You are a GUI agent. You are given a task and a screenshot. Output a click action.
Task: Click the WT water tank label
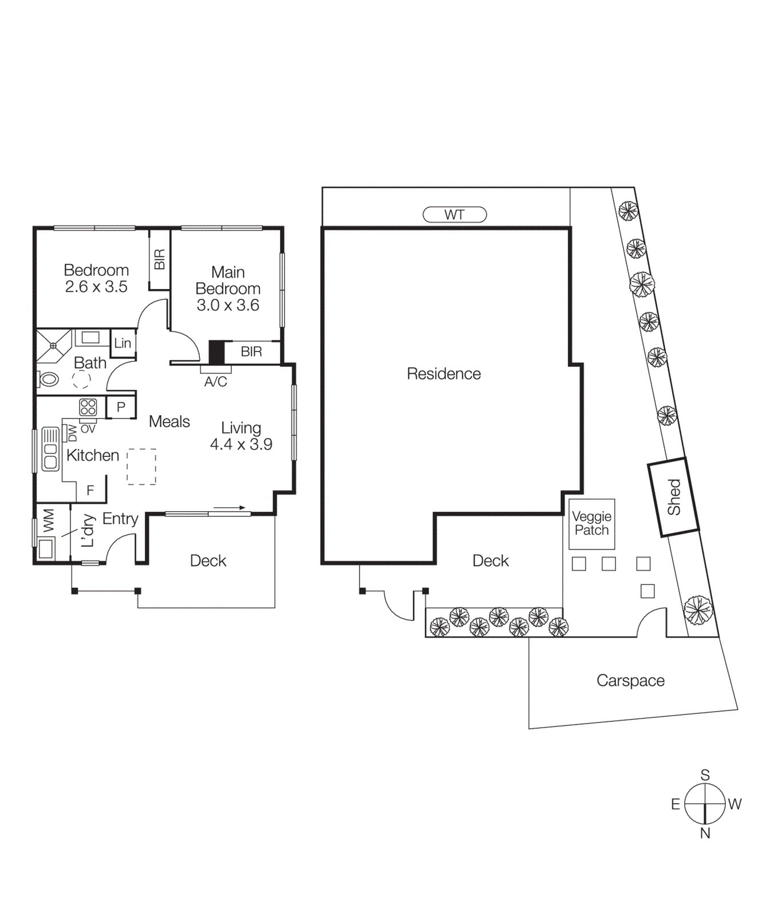coord(455,215)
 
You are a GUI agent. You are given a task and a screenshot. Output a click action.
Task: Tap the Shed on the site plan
coord(674,497)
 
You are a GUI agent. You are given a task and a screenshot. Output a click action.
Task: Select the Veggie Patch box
coord(591,523)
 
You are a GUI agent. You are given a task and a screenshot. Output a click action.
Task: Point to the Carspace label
coord(630,680)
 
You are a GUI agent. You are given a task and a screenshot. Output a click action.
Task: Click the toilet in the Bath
coord(48,378)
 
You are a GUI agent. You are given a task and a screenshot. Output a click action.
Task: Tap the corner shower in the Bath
coord(53,345)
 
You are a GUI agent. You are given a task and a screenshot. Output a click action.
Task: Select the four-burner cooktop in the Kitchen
coord(88,407)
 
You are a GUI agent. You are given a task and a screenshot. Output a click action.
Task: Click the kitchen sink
coord(50,449)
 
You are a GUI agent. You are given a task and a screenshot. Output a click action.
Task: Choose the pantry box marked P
coord(121,407)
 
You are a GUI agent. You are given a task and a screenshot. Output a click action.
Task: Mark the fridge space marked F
coord(90,490)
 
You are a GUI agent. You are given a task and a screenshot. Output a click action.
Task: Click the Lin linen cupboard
coord(123,343)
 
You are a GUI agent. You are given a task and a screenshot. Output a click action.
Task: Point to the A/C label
coord(215,382)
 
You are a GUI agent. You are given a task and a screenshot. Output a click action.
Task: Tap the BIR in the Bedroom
coord(160,259)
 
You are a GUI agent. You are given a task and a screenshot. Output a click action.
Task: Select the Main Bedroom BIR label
coord(251,352)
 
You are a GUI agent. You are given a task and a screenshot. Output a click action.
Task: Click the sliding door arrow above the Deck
coord(230,507)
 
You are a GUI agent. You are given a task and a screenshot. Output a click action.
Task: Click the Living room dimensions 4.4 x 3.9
coord(241,444)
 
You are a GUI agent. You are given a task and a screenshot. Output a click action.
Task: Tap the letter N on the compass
coord(705,833)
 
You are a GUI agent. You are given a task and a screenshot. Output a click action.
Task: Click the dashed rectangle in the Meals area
coord(141,467)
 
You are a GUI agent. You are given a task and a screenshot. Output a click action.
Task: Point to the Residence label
coord(444,374)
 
